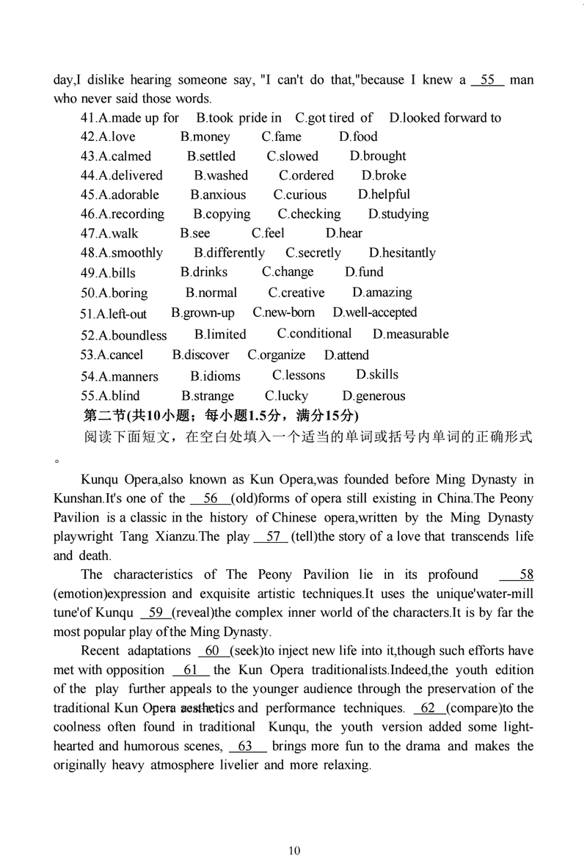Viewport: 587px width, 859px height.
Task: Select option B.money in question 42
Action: pos(205,137)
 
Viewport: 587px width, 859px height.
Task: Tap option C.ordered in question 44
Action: pos(306,176)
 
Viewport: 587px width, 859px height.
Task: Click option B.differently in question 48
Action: pos(229,253)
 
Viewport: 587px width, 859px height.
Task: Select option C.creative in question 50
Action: pos(296,293)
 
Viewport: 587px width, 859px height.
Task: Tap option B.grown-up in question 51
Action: pos(203,313)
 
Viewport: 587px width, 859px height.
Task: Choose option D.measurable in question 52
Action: pos(410,335)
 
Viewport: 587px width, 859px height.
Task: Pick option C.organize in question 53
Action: pos(276,355)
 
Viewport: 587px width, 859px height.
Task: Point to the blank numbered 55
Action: pos(487,79)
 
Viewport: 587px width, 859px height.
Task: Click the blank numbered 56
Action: pos(211,499)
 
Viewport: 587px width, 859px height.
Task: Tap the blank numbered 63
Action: pos(246,747)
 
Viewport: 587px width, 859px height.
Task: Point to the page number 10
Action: pos(294,850)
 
